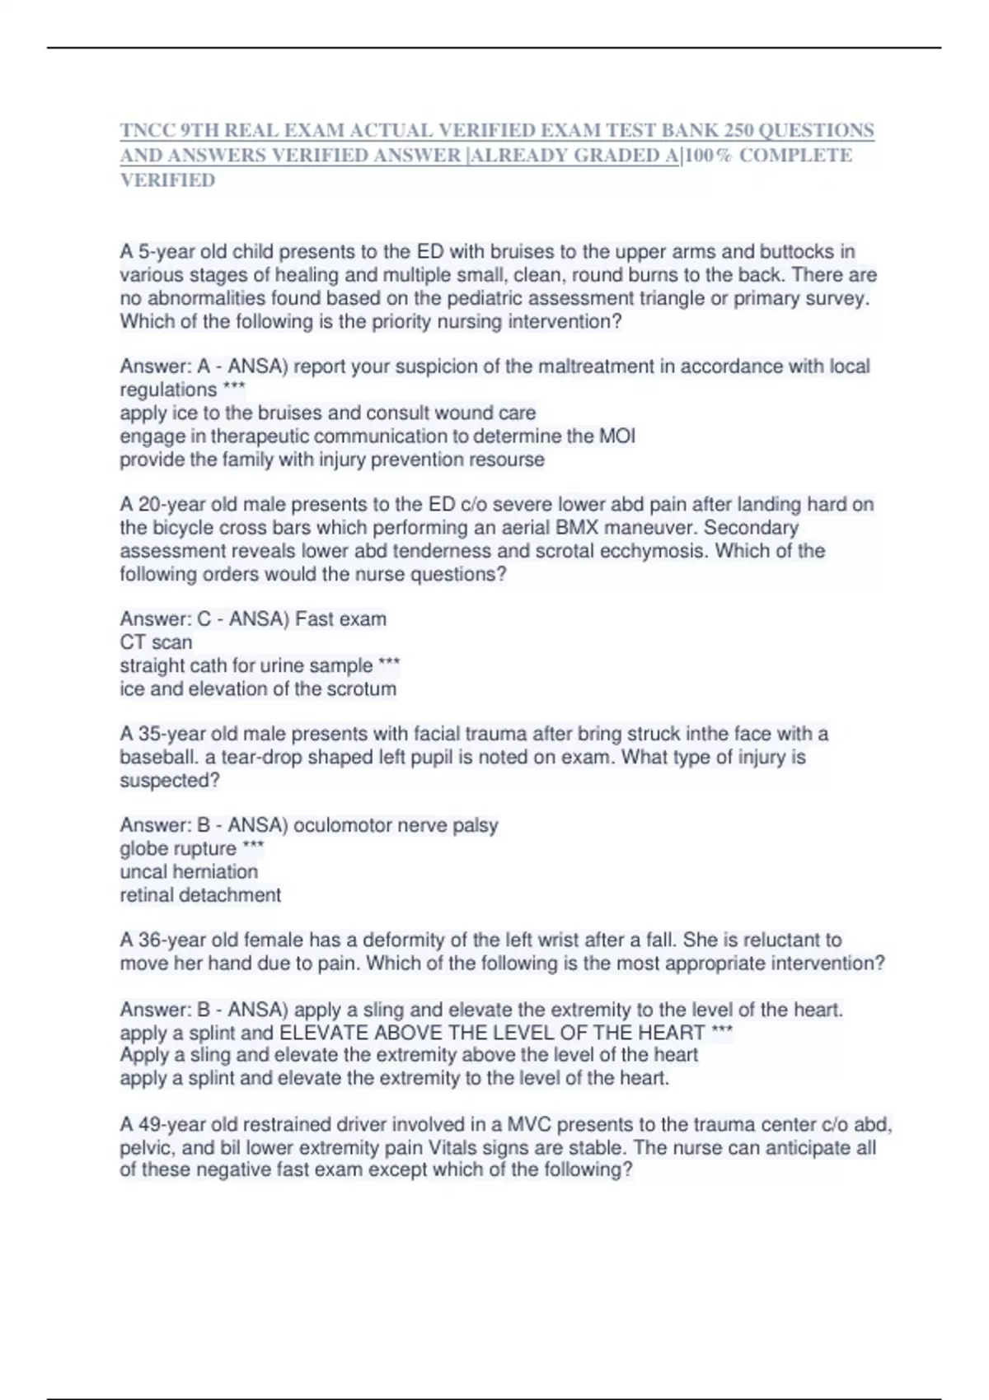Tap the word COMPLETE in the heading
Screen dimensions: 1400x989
tap(795, 156)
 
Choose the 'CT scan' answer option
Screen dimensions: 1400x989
tap(156, 642)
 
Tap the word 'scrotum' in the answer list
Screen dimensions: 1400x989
tap(362, 688)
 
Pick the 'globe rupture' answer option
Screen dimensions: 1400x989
tap(178, 848)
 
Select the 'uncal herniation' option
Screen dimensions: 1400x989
tap(189, 871)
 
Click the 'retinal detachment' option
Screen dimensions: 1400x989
tap(200, 895)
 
